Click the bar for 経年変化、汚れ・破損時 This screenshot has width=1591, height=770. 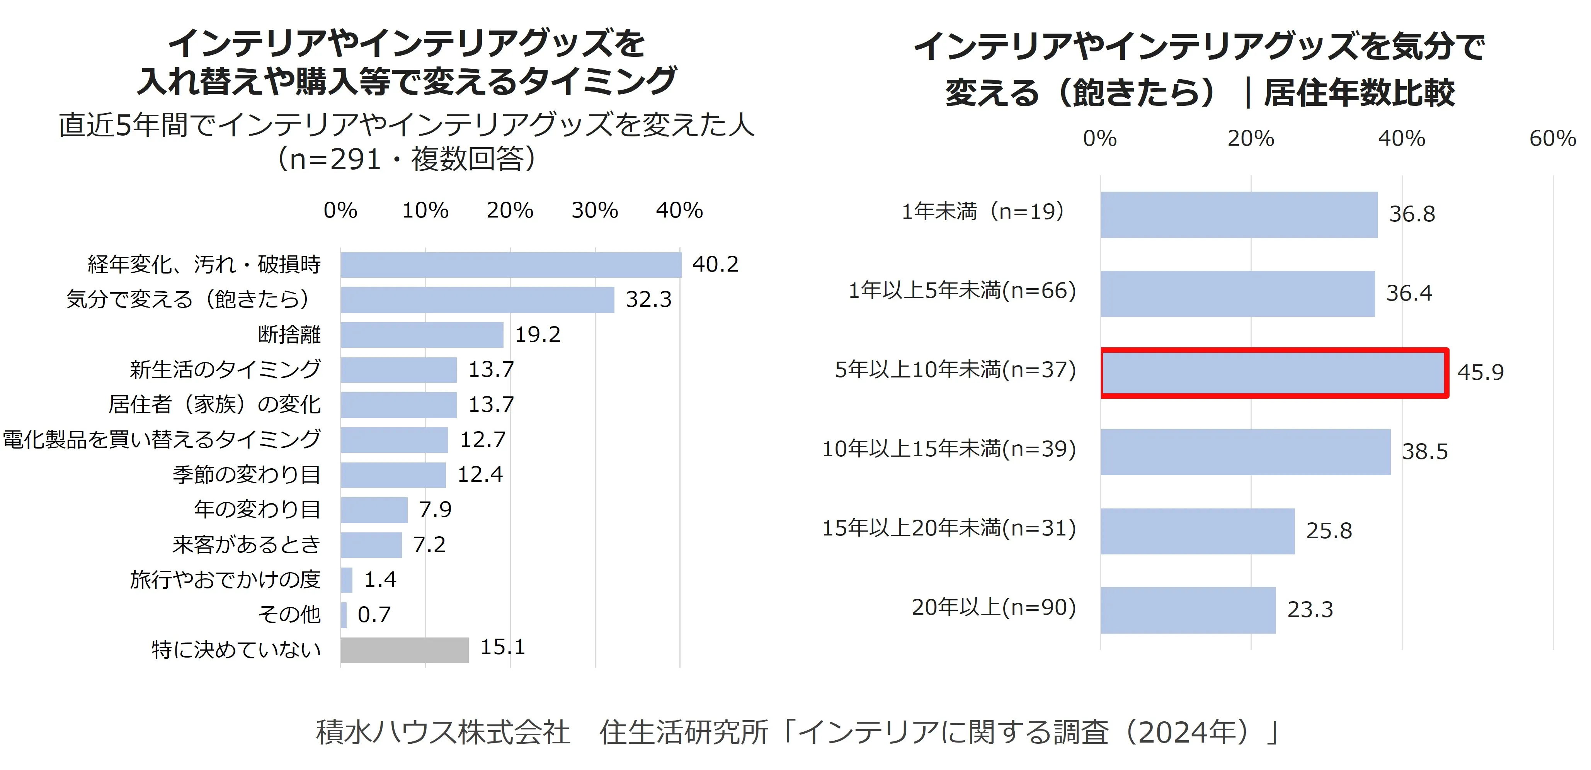click(511, 265)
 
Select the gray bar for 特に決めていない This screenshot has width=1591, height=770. click(405, 649)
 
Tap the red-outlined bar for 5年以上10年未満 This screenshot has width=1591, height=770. click(1274, 372)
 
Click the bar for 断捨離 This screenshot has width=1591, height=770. click(422, 335)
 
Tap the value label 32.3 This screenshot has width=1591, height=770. click(648, 299)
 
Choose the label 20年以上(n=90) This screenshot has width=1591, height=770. click(994, 608)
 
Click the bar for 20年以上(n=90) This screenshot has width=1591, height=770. click(1188, 610)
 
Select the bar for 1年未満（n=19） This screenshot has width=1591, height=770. click(1239, 214)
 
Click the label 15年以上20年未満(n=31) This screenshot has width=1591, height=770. click(949, 529)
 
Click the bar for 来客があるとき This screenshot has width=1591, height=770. click(371, 545)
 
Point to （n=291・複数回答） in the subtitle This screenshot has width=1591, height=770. click(407, 159)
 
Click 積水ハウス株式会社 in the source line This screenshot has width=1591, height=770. click(443, 733)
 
